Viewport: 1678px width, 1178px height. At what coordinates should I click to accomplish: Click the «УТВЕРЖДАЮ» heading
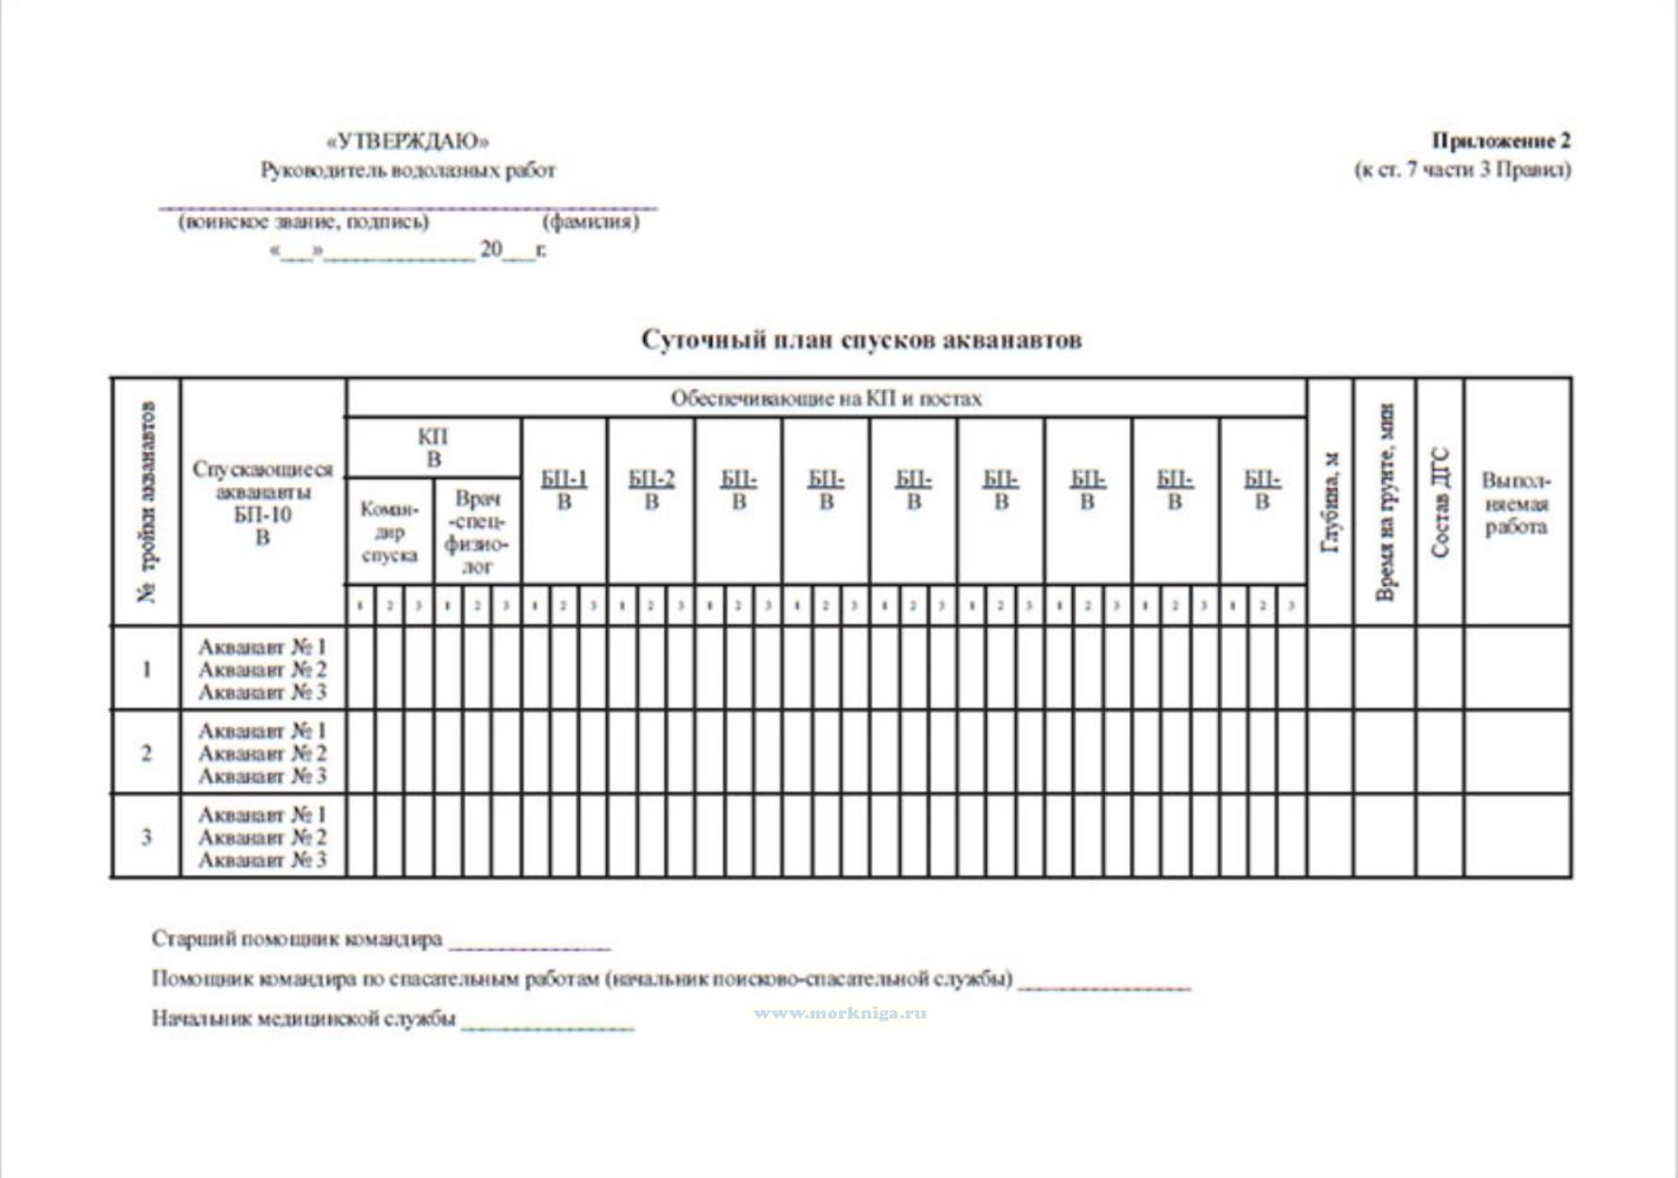coord(407,142)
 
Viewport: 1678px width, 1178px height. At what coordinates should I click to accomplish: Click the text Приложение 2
coord(1501,141)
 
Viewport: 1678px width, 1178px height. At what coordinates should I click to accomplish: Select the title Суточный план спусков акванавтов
coord(861,340)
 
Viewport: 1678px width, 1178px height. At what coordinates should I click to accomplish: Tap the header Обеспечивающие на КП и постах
coord(826,399)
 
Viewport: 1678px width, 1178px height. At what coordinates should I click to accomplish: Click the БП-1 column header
coord(564,490)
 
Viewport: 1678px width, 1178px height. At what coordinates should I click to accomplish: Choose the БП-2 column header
coord(651,490)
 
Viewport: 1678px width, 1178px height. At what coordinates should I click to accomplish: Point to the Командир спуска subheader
coord(389,532)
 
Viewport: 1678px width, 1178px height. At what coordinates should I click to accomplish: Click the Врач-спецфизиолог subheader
coord(477,532)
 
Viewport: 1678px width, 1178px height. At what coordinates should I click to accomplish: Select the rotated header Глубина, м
coord(1330,502)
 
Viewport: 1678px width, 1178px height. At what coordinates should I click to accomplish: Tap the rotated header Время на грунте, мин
coord(1384,502)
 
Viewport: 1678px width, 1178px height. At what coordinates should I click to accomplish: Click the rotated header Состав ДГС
coord(1439,502)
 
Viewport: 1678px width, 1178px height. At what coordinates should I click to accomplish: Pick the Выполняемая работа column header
coord(1516,503)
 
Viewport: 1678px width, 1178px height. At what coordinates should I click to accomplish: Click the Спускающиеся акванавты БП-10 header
coord(262,502)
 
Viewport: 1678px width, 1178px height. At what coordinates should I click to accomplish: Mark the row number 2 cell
coord(146,753)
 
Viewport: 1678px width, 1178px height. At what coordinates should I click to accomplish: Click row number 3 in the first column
coord(146,837)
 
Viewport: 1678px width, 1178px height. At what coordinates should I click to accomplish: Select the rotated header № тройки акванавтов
coord(146,502)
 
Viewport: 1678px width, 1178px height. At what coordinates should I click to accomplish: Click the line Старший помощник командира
coord(297,940)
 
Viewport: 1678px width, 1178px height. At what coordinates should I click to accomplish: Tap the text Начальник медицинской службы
coord(304,1019)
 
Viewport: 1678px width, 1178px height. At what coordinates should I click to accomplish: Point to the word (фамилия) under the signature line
coord(590,222)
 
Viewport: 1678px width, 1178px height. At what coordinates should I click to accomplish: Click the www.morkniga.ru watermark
coord(840,1013)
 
